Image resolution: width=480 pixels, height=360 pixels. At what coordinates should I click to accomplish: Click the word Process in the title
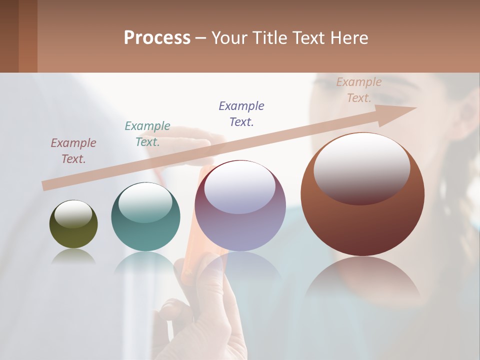157,38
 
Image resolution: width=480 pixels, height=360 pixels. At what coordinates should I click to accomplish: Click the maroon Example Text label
73,150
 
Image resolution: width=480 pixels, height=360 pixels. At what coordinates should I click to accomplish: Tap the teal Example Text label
147,133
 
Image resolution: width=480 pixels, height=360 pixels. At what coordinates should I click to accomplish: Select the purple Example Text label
241,113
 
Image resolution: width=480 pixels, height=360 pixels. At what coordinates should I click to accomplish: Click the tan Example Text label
358,89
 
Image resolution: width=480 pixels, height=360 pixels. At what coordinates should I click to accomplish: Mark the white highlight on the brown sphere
361,167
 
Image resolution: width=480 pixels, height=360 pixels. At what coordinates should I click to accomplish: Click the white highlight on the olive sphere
73,214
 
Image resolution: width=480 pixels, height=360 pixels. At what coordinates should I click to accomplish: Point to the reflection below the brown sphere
362,280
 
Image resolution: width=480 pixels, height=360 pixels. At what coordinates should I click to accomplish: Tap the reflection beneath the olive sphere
73,256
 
